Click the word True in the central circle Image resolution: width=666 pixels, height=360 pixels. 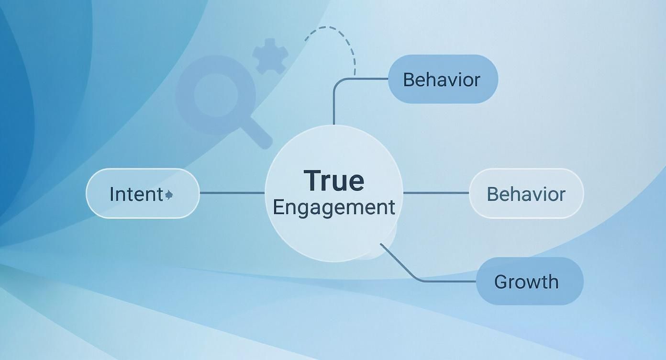click(333, 180)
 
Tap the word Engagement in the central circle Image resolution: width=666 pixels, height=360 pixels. click(333, 207)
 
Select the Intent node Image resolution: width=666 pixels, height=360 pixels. click(143, 194)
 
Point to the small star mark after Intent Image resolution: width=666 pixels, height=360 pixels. click(168, 194)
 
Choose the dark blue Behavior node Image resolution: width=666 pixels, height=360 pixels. click(443, 79)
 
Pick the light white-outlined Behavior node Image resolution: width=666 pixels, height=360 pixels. click(526, 194)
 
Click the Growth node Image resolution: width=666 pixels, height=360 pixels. click(529, 281)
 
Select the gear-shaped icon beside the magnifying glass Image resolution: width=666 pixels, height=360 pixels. click(270, 56)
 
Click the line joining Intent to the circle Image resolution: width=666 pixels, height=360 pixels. click(232, 193)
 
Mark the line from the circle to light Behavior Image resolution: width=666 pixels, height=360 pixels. click(436, 193)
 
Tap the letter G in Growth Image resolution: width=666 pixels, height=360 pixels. click(500, 281)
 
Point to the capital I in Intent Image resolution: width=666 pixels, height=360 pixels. click(112, 194)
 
